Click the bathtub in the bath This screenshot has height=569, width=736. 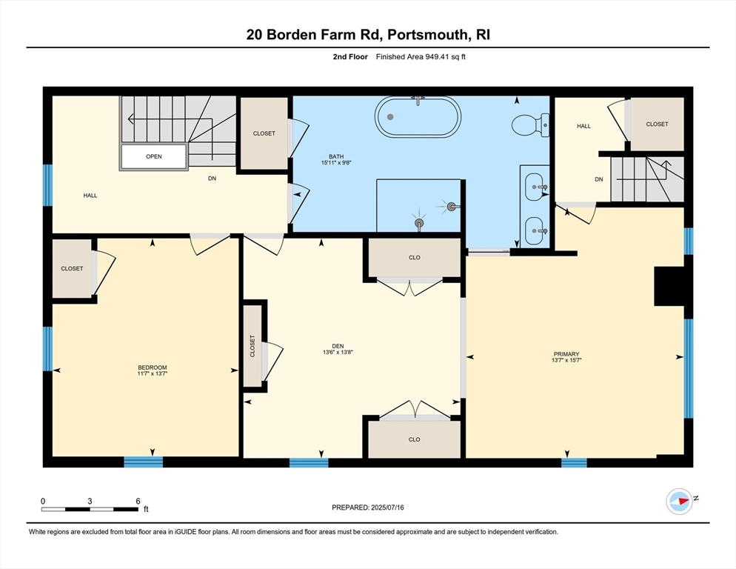coord(418,117)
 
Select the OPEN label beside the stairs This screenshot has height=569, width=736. coord(154,156)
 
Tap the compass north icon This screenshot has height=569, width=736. coord(679,502)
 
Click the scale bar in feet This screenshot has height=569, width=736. coord(90,509)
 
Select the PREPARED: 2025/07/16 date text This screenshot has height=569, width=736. coord(368,508)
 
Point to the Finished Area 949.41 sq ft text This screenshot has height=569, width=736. coord(421,57)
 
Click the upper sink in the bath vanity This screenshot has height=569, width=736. coord(535,187)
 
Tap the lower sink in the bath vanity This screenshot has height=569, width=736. coord(535,231)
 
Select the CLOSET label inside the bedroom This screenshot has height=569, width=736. coord(72,268)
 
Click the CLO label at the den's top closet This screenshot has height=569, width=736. coord(414,258)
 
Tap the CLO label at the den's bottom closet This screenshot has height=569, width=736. coord(414,439)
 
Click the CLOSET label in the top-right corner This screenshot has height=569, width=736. coord(657,124)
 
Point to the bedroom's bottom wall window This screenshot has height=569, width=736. coord(143,462)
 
